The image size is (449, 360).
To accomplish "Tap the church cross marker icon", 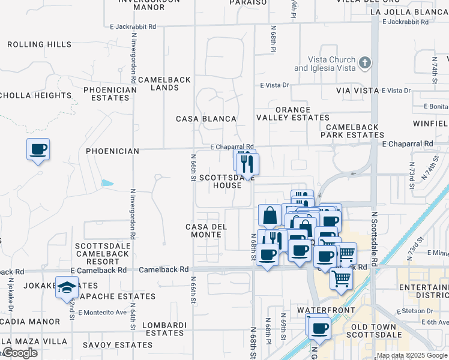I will [364, 62].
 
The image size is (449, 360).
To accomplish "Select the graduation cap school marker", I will [67, 287].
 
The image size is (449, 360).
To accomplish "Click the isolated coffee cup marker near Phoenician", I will [38, 149].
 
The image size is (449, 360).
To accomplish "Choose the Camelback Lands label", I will [164, 83].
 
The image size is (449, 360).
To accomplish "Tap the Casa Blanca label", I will [206, 119].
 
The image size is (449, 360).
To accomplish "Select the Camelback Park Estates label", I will [352, 131].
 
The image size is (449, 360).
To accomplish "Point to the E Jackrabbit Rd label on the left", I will [133, 27].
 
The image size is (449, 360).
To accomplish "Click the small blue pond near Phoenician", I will [107, 182].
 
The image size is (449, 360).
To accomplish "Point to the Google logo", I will [20, 353].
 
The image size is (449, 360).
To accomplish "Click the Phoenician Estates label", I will [110, 94].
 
